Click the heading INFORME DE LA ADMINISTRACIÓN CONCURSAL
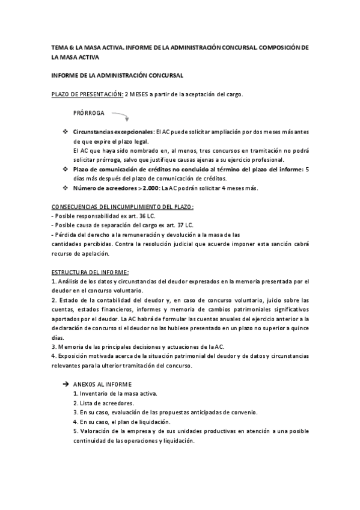117,75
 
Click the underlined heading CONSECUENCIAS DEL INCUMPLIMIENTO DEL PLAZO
123,207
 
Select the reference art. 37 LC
179,225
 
